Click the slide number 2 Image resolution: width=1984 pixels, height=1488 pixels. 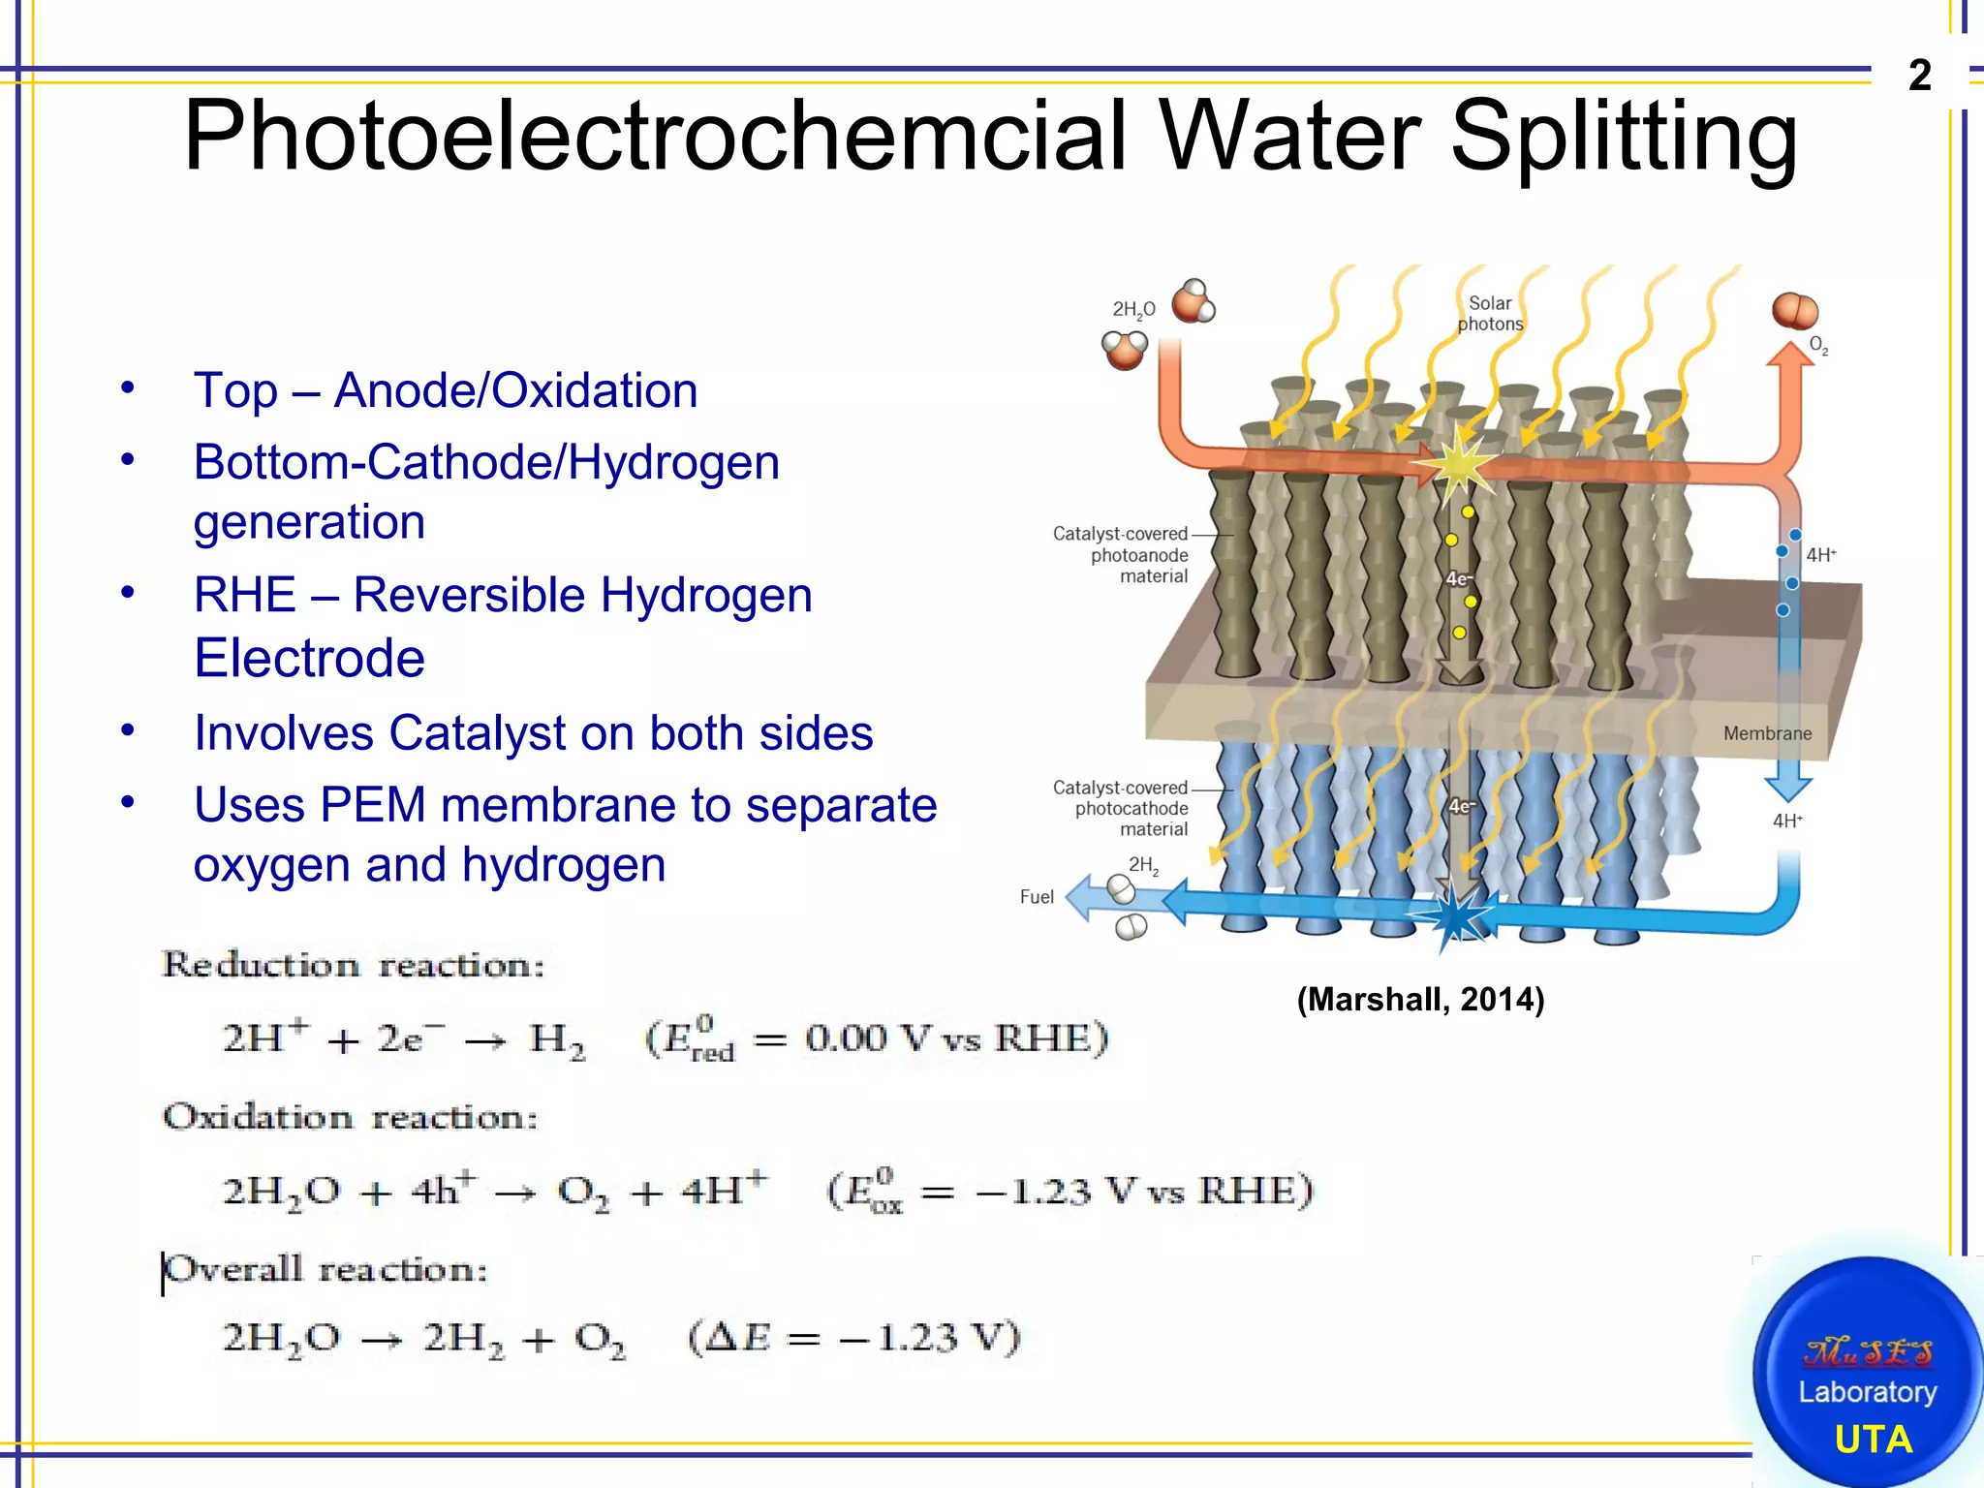[x=1920, y=75]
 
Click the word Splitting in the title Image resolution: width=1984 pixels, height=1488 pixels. [x=1624, y=138]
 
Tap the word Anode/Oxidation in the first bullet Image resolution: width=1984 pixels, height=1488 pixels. [x=515, y=390]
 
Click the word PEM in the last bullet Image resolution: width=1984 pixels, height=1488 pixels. [x=373, y=805]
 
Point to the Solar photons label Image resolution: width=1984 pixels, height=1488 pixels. [x=1490, y=314]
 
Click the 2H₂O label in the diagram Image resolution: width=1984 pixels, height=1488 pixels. [x=1133, y=310]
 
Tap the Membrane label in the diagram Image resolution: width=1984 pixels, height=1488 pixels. [x=1767, y=733]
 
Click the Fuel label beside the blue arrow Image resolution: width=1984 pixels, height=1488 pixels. [x=1037, y=897]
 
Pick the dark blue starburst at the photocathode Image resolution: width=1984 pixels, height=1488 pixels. [x=1456, y=916]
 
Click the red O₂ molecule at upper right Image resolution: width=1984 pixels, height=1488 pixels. [x=1794, y=311]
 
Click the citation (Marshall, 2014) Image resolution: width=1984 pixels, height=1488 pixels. [x=1420, y=999]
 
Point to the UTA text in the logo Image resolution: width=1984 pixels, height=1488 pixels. [x=1874, y=1440]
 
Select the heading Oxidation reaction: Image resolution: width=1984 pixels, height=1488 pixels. [x=350, y=1117]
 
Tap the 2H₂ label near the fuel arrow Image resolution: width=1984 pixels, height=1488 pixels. [x=1143, y=864]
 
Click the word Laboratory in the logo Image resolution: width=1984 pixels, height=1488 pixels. [x=1868, y=1392]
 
